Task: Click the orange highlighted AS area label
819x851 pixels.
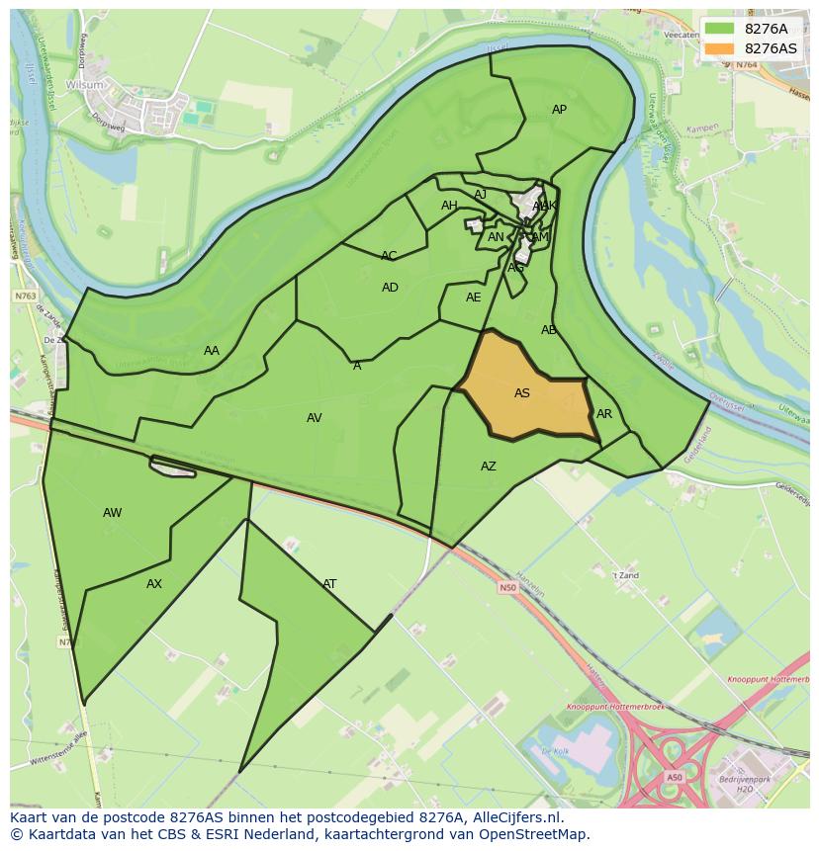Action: click(x=522, y=393)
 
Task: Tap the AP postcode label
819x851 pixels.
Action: click(x=559, y=110)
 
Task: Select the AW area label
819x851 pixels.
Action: click(x=113, y=513)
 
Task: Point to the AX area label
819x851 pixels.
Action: click(x=154, y=584)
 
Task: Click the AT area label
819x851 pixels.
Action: click(x=329, y=584)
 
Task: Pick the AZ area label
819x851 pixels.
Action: click(x=489, y=467)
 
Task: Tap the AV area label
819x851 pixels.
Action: click(x=315, y=418)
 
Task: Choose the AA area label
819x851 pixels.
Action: click(x=212, y=351)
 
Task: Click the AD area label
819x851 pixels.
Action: click(x=390, y=288)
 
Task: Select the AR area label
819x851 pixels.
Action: click(x=604, y=414)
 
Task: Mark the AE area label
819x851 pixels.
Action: click(x=474, y=298)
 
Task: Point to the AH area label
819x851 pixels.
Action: click(x=449, y=206)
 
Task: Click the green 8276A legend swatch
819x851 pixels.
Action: click(x=719, y=29)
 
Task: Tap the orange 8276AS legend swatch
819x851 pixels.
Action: click(x=719, y=48)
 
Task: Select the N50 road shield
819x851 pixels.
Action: click(x=507, y=588)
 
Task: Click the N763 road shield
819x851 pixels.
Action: click(x=25, y=296)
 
